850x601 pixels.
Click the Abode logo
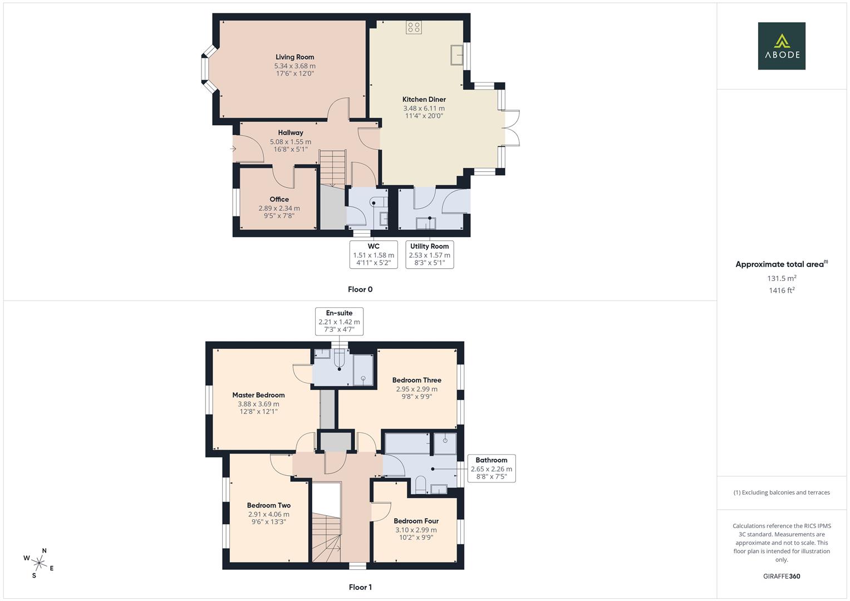point(782,46)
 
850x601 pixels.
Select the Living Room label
point(294,57)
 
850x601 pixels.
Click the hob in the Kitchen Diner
point(414,27)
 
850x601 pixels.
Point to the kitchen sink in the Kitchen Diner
point(457,55)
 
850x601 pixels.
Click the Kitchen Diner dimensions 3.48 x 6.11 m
point(424,109)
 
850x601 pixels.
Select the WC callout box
point(374,254)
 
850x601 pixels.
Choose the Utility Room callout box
point(429,254)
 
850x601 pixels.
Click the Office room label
point(279,199)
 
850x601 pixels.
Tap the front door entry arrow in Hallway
point(233,149)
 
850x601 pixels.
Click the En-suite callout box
point(339,321)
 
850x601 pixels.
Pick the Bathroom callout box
point(491,468)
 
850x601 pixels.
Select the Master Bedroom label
point(258,395)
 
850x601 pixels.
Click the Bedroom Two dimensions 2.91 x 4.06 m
point(269,514)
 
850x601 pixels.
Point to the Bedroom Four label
point(416,521)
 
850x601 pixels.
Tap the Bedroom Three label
point(416,380)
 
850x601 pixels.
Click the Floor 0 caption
point(360,289)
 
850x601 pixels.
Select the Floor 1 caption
point(360,587)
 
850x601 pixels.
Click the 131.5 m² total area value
point(782,278)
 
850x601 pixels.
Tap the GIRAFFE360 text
point(782,576)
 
